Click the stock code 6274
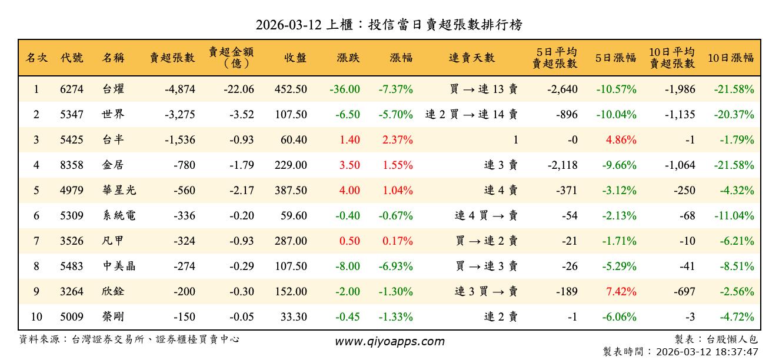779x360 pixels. point(72,89)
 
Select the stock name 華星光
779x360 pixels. point(118,191)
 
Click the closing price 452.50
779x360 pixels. point(291,89)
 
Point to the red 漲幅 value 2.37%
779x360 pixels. point(398,140)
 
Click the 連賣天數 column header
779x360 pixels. point(472,58)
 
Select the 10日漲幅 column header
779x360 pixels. point(731,58)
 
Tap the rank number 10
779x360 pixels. point(36,317)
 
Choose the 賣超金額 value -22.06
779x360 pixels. point(239,89)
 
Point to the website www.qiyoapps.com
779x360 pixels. point(389,342)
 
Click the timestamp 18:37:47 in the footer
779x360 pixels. point(738,352)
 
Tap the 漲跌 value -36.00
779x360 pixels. point(345,89)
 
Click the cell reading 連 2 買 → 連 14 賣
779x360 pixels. point(471,115)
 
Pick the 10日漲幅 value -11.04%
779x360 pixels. point(734,216)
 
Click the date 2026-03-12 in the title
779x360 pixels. point(288,25)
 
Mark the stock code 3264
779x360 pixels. point(72,292)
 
